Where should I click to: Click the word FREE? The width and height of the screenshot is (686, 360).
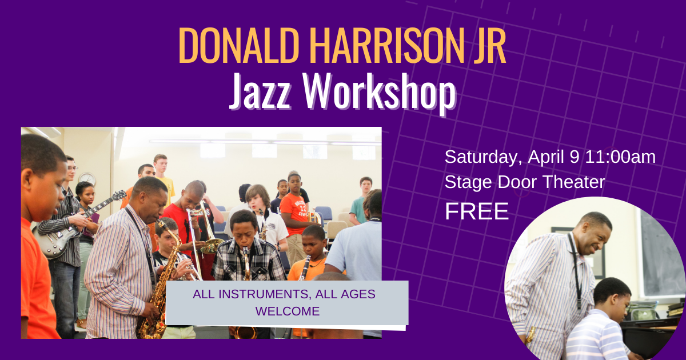click(477, 211)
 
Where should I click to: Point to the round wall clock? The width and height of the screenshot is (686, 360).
click(87, 179)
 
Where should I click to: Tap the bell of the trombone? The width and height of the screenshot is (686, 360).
click(212, 245)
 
